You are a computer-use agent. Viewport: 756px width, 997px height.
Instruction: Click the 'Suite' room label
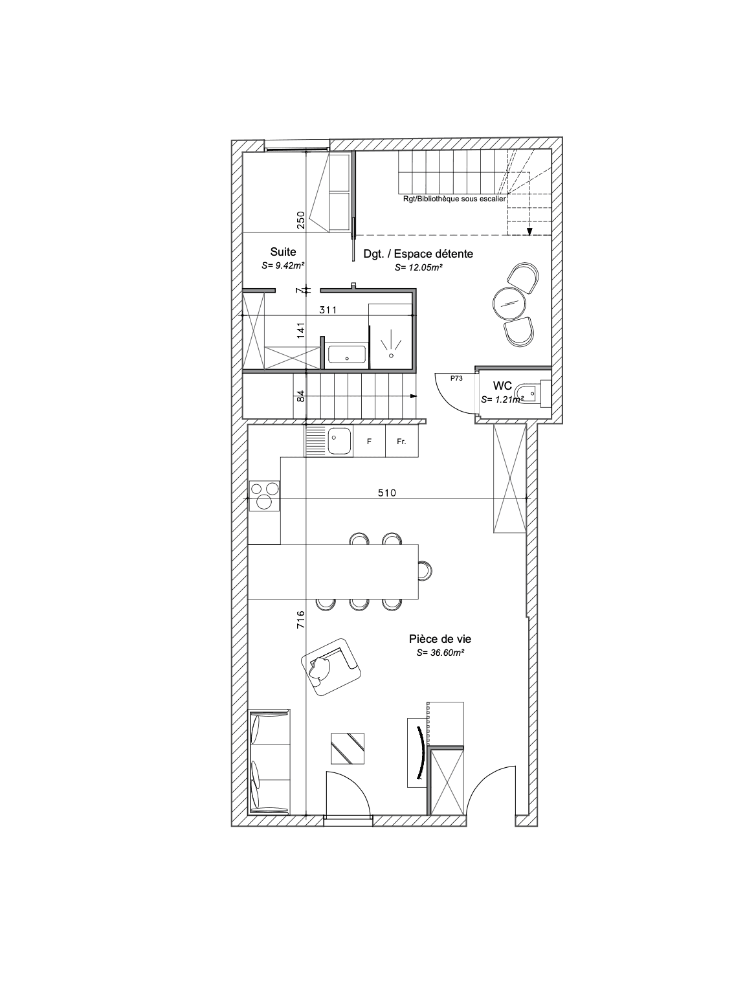coord(282,252)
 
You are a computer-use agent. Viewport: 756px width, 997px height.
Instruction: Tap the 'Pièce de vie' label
coord(439,639)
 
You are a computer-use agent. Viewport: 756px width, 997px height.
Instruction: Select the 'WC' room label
coord(502,386)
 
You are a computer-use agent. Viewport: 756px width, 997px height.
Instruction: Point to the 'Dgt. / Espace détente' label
coord(417,254)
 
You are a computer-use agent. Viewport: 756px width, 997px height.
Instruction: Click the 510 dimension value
coord(387,493)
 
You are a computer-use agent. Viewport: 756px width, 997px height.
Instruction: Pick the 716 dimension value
coord(300,620)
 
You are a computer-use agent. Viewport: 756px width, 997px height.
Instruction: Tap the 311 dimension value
coord(328,310)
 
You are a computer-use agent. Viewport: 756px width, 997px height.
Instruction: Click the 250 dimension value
coord(300,221)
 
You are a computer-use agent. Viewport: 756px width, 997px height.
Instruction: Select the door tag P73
coord(456,378)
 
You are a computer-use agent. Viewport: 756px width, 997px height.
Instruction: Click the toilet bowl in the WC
coord(529,392)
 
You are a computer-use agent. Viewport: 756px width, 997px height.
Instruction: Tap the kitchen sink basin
coord(340,441)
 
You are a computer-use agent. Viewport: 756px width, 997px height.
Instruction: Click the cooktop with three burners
coord(265,495)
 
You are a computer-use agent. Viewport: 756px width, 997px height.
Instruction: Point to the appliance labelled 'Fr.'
coord(401,441)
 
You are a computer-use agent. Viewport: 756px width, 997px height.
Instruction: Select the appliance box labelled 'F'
coord(369,441)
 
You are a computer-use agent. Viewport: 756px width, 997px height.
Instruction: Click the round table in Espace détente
coord(509,304)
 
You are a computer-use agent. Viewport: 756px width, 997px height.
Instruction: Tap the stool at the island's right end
coord(425,570)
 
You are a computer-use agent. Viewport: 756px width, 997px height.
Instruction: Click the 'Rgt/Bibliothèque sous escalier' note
coord(454,199)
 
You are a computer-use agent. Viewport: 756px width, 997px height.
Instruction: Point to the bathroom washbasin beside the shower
coord(346,354)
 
